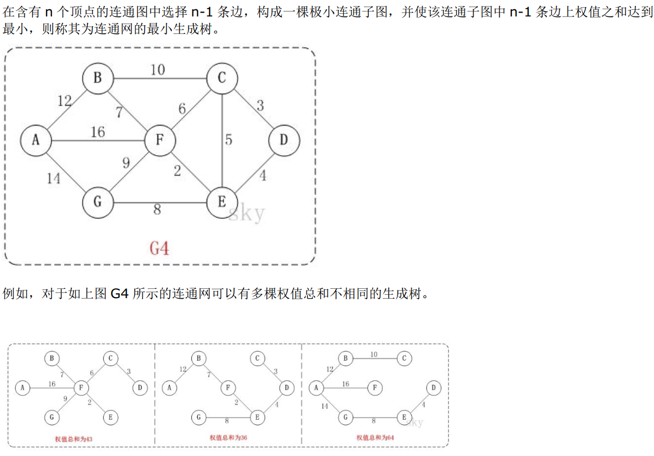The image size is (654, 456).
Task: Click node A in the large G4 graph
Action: pyautogui.click(x=36, y=140)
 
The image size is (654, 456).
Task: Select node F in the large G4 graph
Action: pyautogui.click(x=160, y=140)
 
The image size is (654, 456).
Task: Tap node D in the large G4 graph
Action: pyautogui.click(x=283, y=140)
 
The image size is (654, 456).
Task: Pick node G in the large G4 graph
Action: pyautogui.click(x=98, y=202)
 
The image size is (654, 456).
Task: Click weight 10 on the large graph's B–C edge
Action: pyautogui.click(x=157, y=70)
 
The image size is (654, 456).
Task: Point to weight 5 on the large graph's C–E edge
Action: pyautogui.click(x=229, y=140)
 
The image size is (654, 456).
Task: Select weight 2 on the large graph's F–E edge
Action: pyautogui.click(x=177, y=170)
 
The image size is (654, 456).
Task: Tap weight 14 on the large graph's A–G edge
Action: pyautogui.click(x=54, y=178)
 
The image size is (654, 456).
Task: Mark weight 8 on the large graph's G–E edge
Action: pyautogui.click(x=157, y=209)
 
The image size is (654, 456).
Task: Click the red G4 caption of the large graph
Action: pyautogui.click(x=160, y=248)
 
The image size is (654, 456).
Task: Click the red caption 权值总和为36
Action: pyautogui.click(x=228, y=437)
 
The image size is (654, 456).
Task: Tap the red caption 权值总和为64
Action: pyautogui.click(x=375, y=437)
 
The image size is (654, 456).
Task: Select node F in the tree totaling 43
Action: pyautogui.click(x=81, y=388)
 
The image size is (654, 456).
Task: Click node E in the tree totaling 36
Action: pyautogui.click(x=257, y=417)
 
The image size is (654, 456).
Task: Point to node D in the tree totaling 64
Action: pyautogui.click(x=433, y=388)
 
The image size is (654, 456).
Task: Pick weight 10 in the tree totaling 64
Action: pyautogui.click(x=374, y=355)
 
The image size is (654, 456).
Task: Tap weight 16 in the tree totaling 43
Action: pyautogui.click(x=52, y=384)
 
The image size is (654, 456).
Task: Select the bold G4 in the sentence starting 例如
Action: pyautogui.click(x=120, y=294)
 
